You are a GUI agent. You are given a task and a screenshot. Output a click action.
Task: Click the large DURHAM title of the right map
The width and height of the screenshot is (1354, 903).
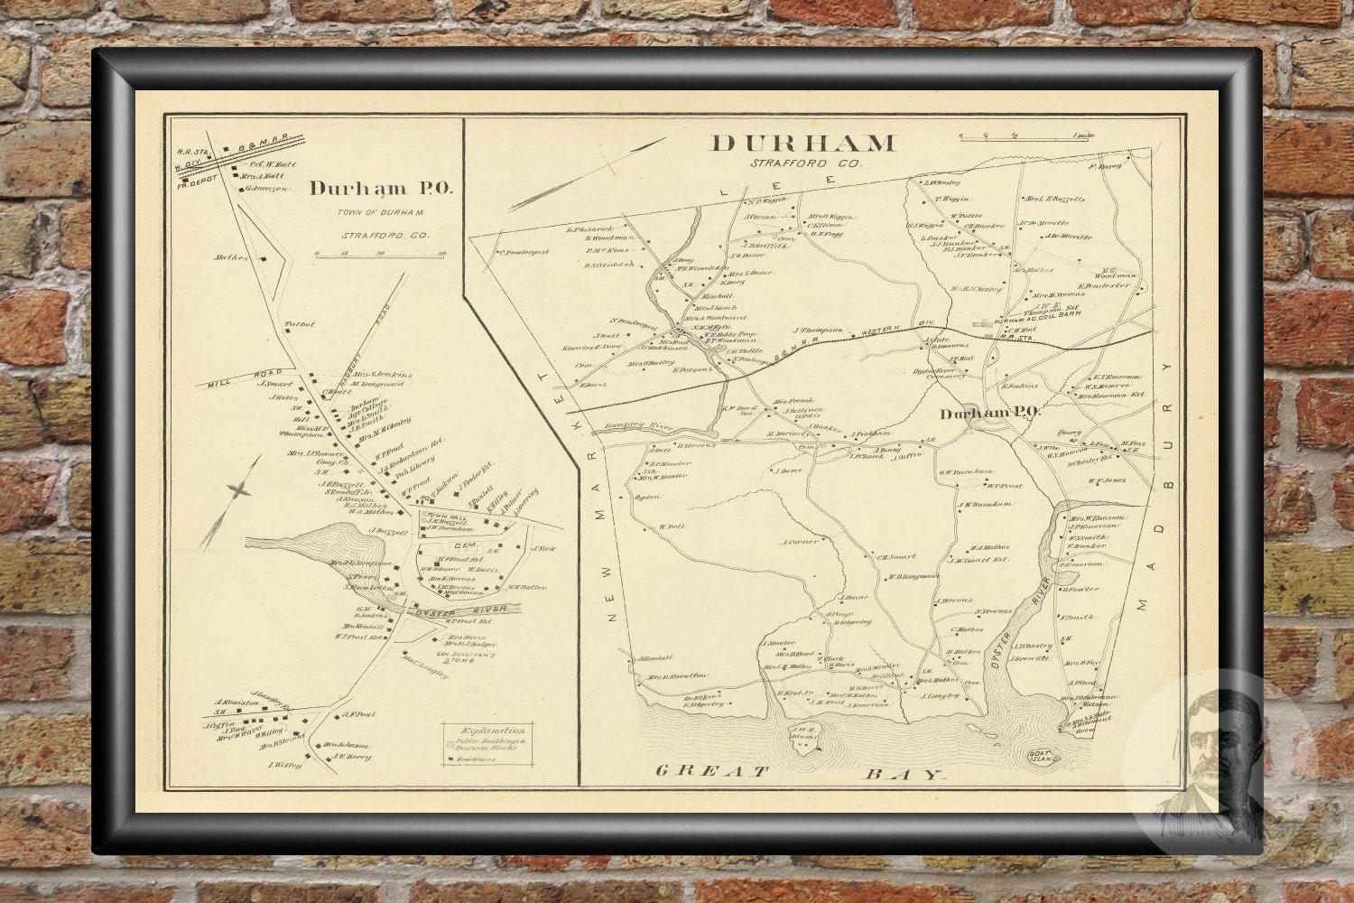803,143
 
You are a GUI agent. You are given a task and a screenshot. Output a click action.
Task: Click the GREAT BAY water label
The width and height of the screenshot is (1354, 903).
800,772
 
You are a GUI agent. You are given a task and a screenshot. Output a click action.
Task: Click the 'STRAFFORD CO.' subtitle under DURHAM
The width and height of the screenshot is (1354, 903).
805,163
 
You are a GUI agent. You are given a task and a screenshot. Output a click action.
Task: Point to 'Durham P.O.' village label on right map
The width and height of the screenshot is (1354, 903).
989,413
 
